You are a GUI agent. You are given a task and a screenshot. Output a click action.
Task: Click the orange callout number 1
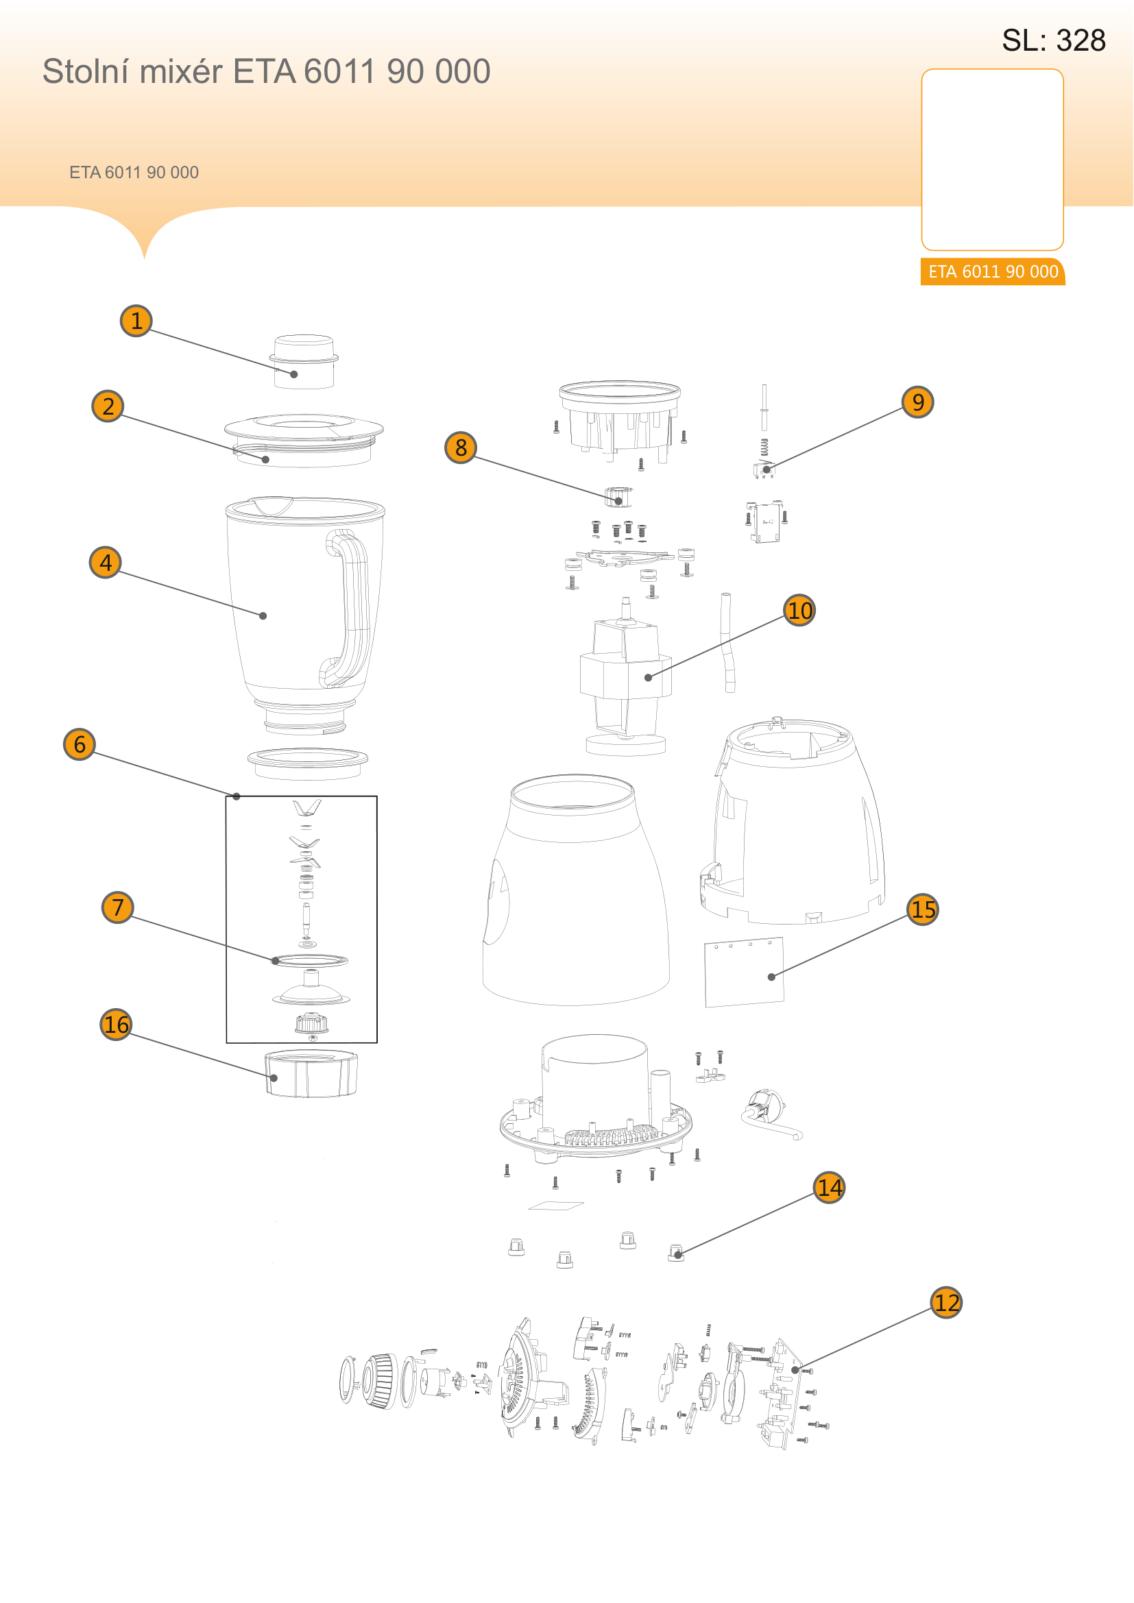point(136,321)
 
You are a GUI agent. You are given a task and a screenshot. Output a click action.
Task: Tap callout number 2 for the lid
point(108,406)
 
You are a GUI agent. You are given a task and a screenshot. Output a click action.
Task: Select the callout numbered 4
point(106,562)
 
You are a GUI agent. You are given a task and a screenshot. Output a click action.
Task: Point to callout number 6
point(79,744)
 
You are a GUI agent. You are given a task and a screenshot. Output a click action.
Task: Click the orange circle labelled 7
point(117,907)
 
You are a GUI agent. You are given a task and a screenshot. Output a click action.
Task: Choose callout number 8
point(460,447)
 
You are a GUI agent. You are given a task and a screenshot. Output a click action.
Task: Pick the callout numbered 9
point(917,402)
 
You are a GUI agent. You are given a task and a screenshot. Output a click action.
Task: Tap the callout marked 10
point(799,610)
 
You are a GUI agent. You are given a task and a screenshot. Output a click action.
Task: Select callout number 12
point(946,1302)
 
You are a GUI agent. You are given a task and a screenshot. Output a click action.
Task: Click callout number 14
point(829,1187)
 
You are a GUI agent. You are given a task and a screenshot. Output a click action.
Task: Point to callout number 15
point(922,909)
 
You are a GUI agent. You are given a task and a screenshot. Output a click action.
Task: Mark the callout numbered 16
point(116,1024)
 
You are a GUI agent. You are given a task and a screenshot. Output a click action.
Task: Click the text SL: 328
point(1053,40)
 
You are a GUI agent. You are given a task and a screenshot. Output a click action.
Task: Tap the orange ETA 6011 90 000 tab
point(992,271)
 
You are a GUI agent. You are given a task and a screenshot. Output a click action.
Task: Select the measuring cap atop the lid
point(304,361)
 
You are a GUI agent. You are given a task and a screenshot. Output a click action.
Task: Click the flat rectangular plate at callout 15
point(745,972)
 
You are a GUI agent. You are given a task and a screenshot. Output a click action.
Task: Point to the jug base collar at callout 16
point(311,1073)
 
